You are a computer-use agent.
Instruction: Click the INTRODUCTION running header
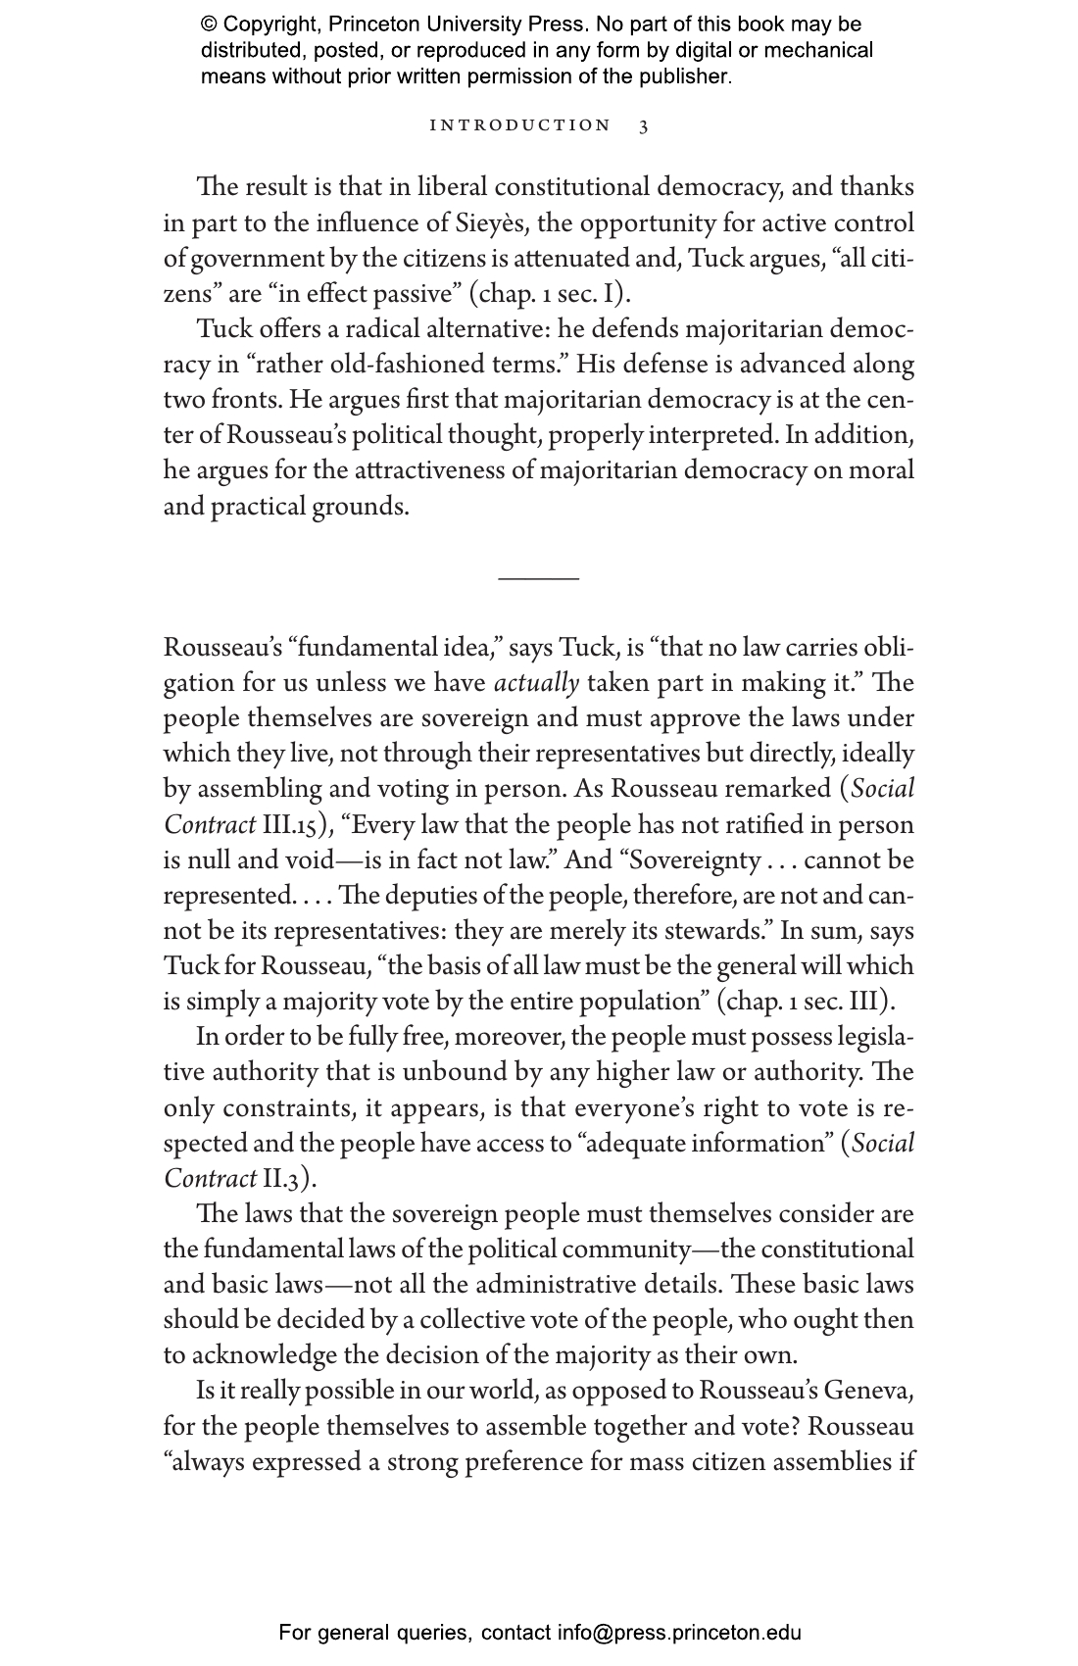click(520, 125)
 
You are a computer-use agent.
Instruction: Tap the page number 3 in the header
click(644, 126)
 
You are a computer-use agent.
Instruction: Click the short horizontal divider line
click(539, 578)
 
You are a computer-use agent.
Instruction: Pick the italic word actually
click(537, 683)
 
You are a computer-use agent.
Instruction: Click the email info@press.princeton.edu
click(680, 1633)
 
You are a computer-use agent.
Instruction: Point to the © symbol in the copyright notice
click(209, 24)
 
